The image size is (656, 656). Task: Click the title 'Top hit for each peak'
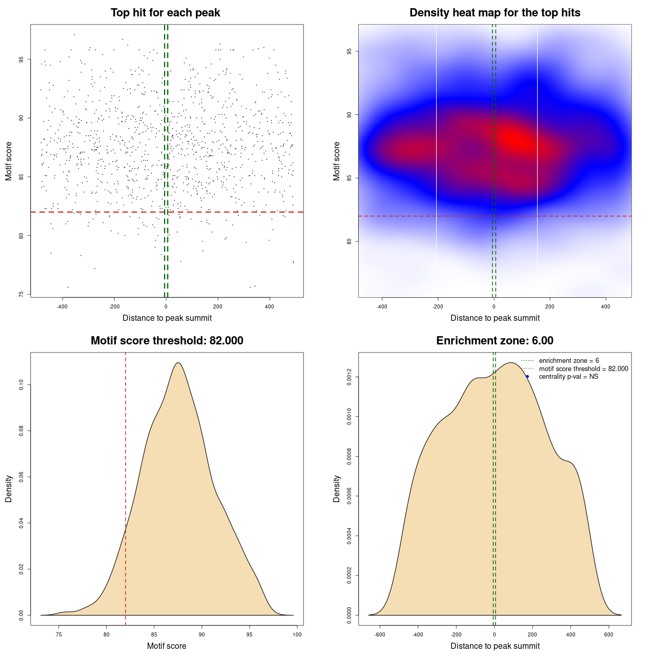click(x=165, y=13)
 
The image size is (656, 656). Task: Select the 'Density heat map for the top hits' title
click(x=495, y=13)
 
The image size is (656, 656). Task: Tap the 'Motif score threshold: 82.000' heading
click(x=167, y=341)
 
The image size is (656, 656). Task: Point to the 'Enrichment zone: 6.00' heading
click(x=495, y=341)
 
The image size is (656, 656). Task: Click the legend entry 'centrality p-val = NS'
click(x=568, y=377)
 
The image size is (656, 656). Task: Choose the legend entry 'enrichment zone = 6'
click(x=568, y=361)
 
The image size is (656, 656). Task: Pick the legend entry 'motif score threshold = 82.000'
click(x=583, y=369)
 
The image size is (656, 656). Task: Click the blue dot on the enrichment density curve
click(x=527, y=376)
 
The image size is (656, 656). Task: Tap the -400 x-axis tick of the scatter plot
click(x=63, y=306)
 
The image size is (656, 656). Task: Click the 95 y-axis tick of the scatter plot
click(x=22, y=59)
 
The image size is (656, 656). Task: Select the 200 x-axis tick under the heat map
click(x=550, y=306)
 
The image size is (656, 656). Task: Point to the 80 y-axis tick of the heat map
click(x=350, y=241)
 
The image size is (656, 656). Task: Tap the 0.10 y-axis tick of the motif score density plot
click(x=22, y=385)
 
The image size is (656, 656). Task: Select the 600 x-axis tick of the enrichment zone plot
click(x=609, y=634)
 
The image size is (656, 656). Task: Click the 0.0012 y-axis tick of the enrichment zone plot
click(x=350, y=377)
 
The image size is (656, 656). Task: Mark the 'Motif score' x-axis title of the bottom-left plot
click(x=167, y=646)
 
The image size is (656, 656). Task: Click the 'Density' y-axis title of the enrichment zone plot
click(x=337, y=488)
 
